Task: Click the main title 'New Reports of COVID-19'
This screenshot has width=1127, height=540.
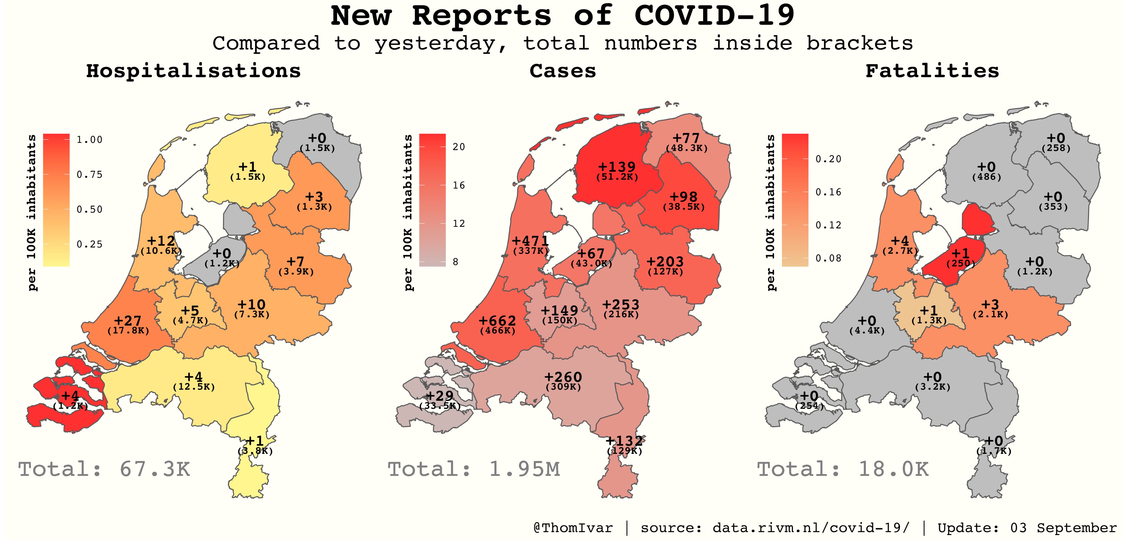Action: pyautogui.click(x=563, y=16)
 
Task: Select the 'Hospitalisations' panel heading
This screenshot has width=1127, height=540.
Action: pyautogui.click(x=193, y=71)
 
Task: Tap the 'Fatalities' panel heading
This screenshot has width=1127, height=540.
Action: pyautogui.click(x=932, y=71)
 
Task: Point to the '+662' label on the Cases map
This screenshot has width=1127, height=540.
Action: pyautogui.click(x=497, y=321)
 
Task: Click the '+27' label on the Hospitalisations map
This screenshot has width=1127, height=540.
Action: pyautogui.click(x=128, y=321)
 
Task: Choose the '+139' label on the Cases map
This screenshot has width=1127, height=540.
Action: pyautogui.click(x=617, y=167)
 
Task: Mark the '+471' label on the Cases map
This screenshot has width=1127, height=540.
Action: pyautogui.click(x=530, y=241)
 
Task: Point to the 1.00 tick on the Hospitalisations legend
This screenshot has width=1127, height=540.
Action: pyautogui.click(x=89, y=140)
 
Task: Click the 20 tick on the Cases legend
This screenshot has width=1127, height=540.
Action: pyautogui.click(x=458, y=147)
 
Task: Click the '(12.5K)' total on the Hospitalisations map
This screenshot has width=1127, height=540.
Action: pyautogui.click(x=194, y=387)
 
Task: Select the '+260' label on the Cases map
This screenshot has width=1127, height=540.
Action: pyautogui.click(x=563, y=377)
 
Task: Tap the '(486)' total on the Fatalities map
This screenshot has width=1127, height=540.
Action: pyautogui.click(x=987, y=177)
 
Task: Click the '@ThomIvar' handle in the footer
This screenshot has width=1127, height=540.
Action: pyautogui.click(x=573, y=528)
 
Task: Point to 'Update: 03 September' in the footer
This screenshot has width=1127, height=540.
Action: pyautogui.click(x=1027, y=528)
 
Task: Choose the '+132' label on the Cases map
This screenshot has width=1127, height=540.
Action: pyautogui.click(x=624, y=441)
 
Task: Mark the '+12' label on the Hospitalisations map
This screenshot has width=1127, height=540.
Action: pyautogui.click(x=161, y=241)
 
